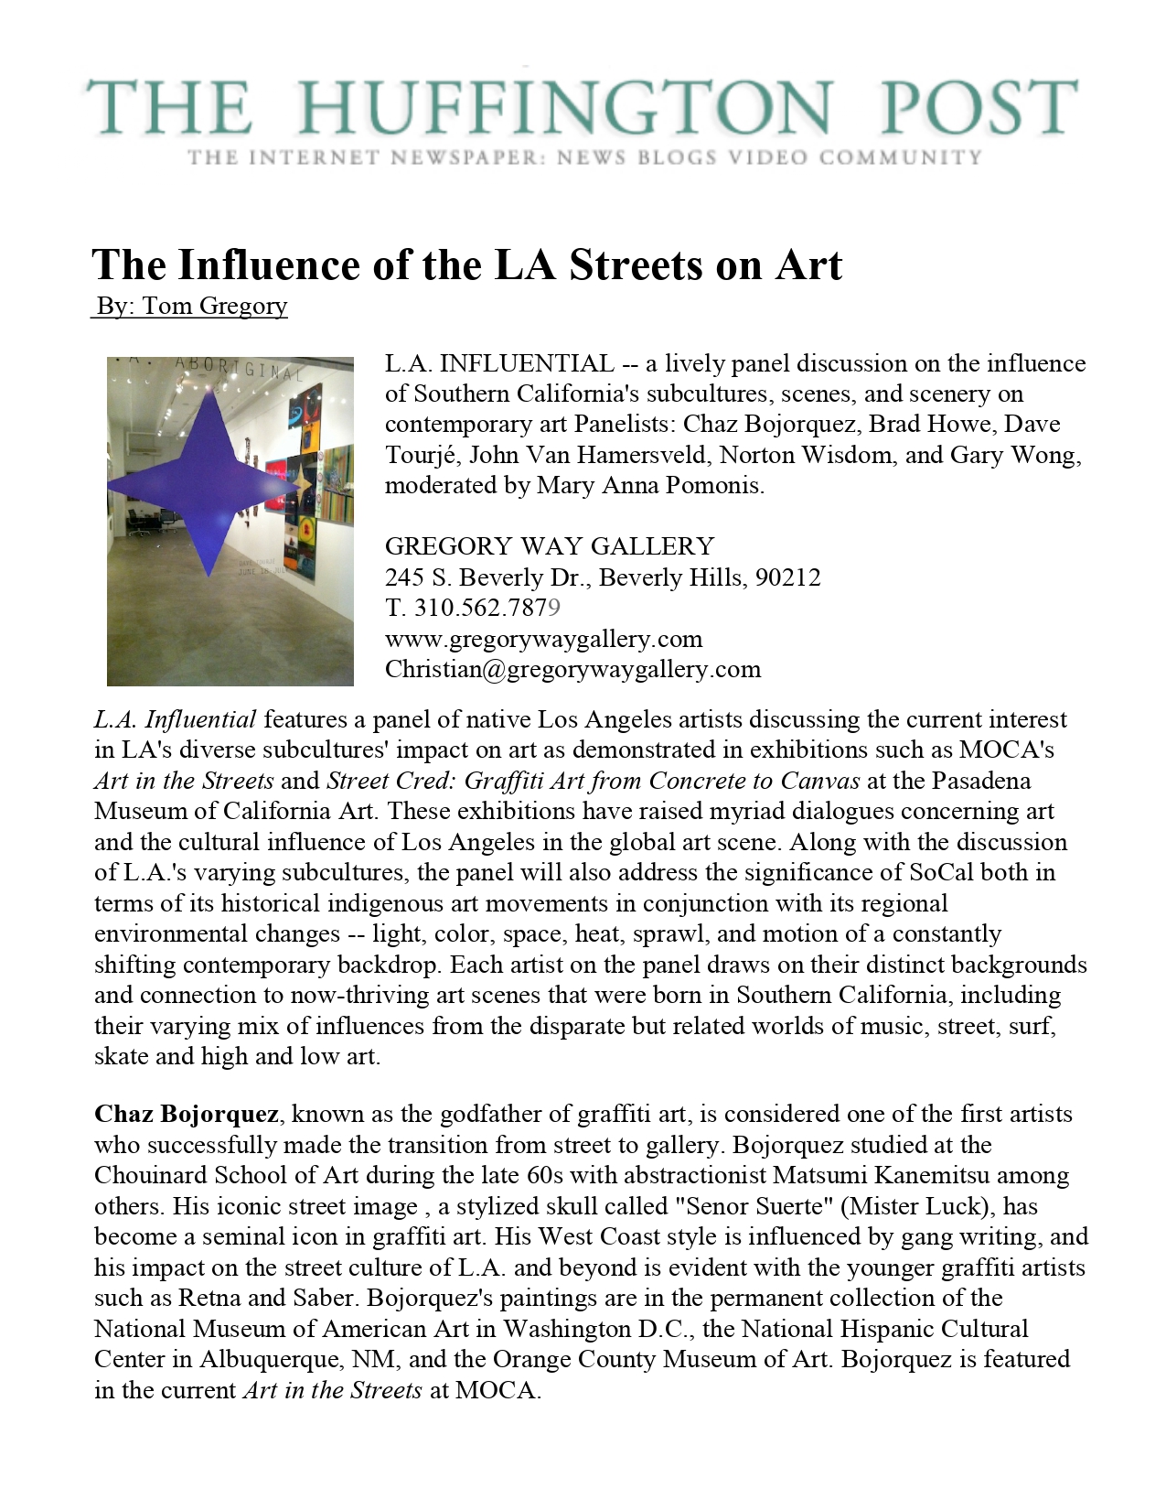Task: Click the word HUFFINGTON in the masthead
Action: [565, 108]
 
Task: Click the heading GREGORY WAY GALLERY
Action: [549, 546]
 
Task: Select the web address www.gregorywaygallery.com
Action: [543, 639]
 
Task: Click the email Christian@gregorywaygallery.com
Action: [572, 669]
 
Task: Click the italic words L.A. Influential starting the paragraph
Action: [175, 719]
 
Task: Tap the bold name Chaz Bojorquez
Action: [187, 1115]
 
